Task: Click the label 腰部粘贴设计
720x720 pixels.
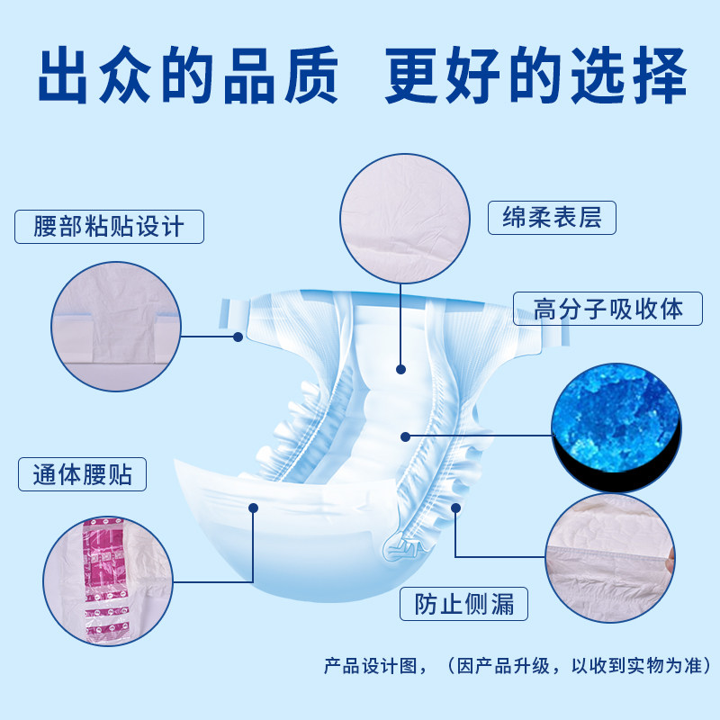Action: (109, 226)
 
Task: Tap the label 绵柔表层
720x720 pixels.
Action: (551, 218)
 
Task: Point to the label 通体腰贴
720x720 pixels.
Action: (82, 473)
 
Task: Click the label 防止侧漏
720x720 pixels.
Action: (464, 603)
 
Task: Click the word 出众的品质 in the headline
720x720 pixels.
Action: (188, 80)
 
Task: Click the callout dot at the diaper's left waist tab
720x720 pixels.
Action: (238, 337)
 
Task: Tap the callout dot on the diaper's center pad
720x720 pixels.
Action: (400, 368)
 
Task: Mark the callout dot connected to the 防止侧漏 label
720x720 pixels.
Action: (455, 508)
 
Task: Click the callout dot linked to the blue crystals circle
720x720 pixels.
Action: (406, 436)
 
